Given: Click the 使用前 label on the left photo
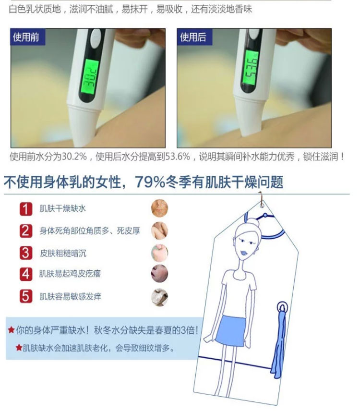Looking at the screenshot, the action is click(x=26, y=37).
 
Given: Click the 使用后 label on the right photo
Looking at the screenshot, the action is click(x=193, y=37).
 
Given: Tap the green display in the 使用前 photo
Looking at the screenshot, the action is click(x=90, y=76).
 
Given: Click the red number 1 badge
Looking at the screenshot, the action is click(x=26, y=209).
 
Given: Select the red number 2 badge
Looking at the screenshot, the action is click(x=26, y=231).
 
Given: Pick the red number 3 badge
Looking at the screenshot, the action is click(x=26, y=253).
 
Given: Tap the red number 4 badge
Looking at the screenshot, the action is click(x=26, y=274).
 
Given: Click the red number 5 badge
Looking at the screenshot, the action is click(x=26, y=296).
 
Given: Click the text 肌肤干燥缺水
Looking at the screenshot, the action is click(x=63, y=209).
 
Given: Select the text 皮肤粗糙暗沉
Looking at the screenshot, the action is click(x=63, y=253).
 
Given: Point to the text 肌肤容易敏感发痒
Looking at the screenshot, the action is click(x=71, y=297).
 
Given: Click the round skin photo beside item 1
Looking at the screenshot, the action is click(x=160, y=208).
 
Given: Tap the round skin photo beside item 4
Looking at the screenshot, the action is click(x=160, y=274).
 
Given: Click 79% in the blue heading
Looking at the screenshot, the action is click(x=150, y=182).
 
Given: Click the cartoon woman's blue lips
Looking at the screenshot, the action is click(x=244, y=253).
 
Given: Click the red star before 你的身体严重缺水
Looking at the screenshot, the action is click(x=12, y=330).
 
